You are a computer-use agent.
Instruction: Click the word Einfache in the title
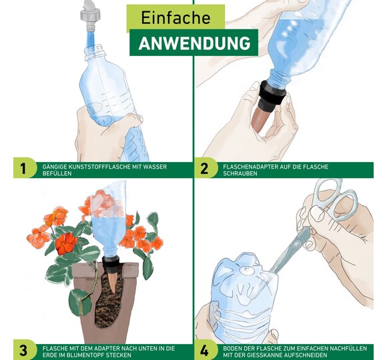175,17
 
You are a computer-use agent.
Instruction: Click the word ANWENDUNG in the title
194,43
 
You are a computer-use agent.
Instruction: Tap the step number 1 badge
23,169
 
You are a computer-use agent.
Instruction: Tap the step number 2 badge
204,169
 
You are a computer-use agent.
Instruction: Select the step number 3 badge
23,351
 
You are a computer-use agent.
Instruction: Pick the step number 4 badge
204,351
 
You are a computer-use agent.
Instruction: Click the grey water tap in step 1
90,15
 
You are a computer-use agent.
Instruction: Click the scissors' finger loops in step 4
339,200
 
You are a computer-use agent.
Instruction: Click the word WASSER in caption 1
155,167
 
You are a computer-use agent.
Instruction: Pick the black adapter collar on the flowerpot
111,264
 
